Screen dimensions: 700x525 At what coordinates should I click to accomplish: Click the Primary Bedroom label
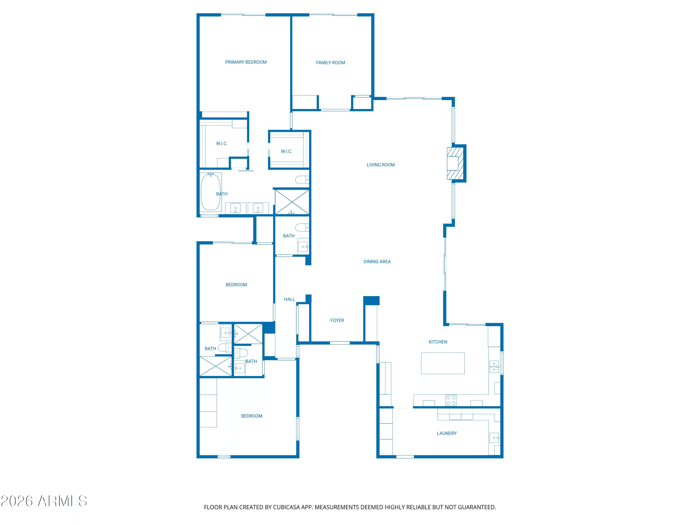click(x=246, y=62)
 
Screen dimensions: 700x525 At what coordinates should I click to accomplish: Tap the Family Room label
click(x=330, y=63)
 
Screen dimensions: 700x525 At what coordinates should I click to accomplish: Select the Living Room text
click(x=381, y=165)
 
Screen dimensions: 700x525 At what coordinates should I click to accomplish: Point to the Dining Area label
click(x=377, y=262)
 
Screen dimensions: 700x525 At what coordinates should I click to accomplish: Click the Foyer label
click(x=337, y=321)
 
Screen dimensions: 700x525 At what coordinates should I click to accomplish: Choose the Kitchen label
click(x=438, y=342)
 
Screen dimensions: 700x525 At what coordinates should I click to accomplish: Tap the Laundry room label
click(x=447, y=434)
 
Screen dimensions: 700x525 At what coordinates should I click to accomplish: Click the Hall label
click(x=289, y=299)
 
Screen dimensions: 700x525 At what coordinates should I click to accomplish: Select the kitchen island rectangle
click(x=443, y=363)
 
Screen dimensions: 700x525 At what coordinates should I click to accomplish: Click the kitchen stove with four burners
click(x=451, y=400)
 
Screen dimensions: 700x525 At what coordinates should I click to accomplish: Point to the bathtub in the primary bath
click(x=211, y=192)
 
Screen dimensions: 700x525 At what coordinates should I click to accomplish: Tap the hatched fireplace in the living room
click(x=455, y=163)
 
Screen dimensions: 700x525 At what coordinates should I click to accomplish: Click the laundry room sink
click(x=494, y=438)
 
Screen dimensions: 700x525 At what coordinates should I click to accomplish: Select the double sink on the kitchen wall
click(x=494, y=367)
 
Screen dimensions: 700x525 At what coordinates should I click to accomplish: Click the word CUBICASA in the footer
click(x=286, y=507)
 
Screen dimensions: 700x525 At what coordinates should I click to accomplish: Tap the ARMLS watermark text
click(x=44, y=501)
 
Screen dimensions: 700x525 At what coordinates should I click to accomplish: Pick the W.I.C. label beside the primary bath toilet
click(x=286, y=152)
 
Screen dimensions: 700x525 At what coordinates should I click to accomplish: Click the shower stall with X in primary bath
click(x=292, y=202)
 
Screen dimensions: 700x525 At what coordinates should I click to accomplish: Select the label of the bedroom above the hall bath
click(x=236, y=285)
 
